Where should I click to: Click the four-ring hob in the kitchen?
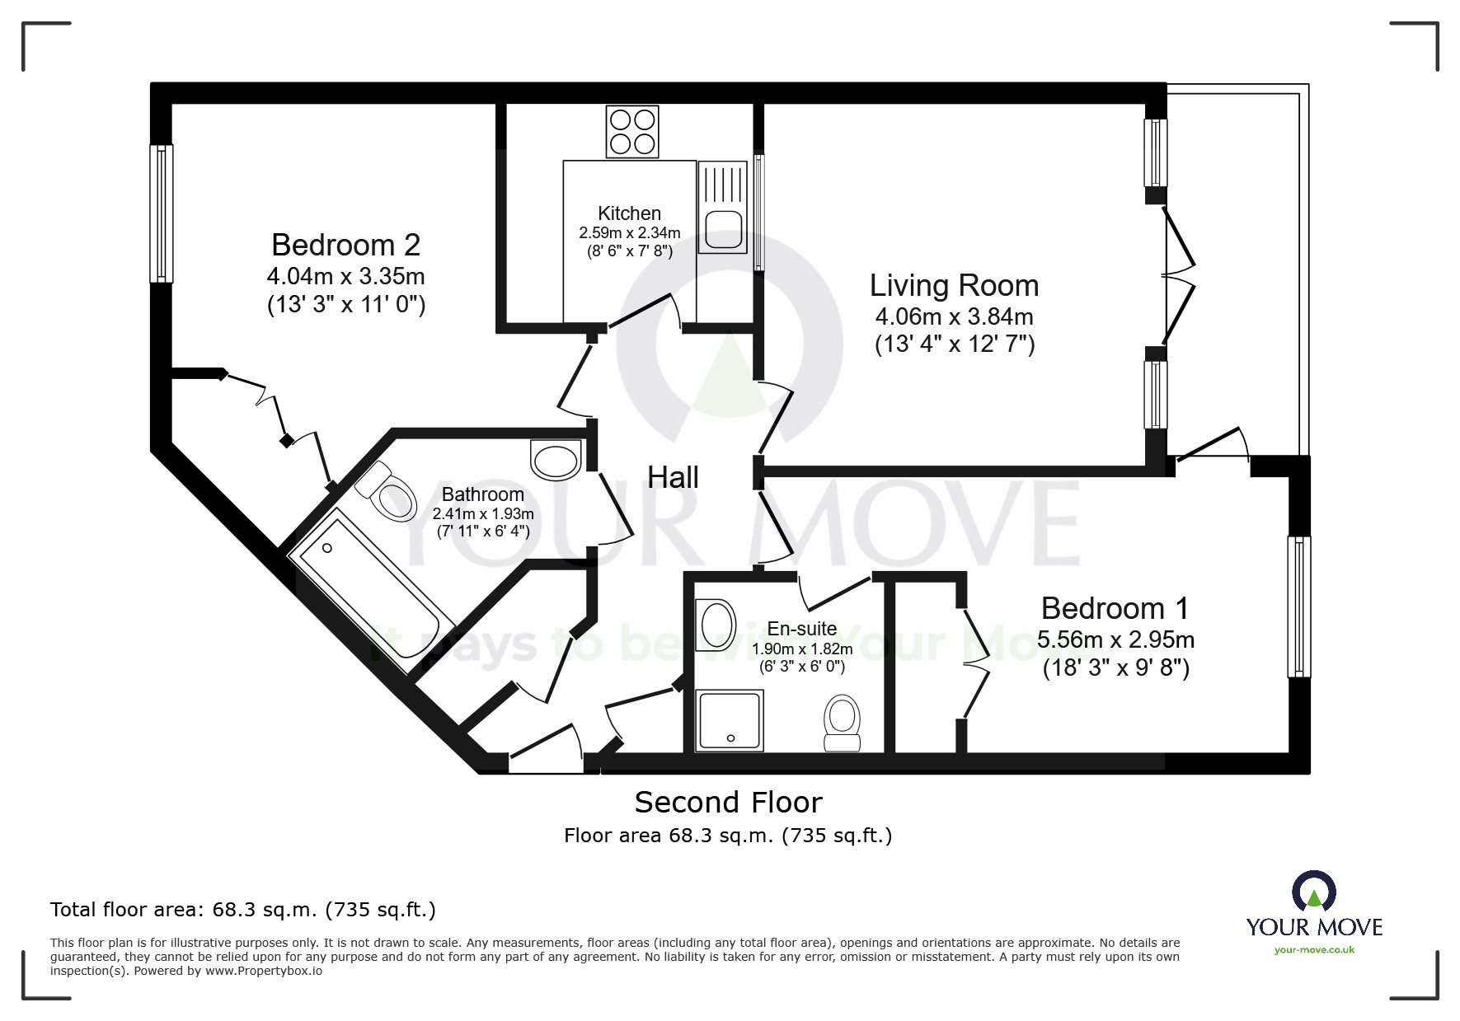(x=632, y=132)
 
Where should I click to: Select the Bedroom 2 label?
(x=345, y=246)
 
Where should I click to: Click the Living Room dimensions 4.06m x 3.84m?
(x=954, y=316)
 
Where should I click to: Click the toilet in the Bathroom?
(x=387, y=493)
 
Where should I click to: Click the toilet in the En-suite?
(x=843, y=723)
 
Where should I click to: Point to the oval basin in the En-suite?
(x=716, y=626)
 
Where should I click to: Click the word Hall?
(x=673, y=477)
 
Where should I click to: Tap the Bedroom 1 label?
(x=1115, y=608)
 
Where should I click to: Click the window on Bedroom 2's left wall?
(x=161, y=213)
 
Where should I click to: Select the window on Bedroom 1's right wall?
(x=1298, y=607)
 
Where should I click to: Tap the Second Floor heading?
(x=728, y=802)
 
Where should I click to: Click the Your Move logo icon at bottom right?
(x=1313, y=892)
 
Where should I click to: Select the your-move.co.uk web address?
(x=1314, y=950)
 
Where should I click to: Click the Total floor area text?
(x=243, y=910)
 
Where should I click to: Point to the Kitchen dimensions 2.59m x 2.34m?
(x=630, y=233)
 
